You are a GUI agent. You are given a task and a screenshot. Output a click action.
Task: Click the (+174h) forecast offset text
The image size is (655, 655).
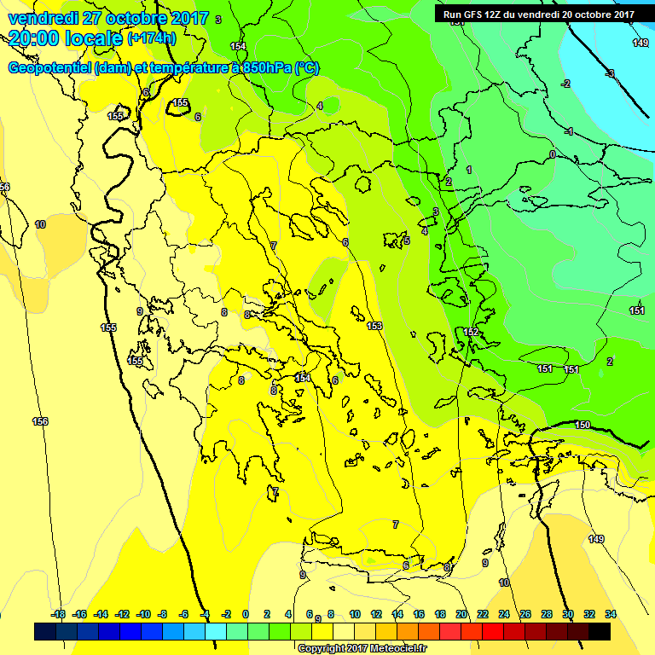click(x=152, y=38)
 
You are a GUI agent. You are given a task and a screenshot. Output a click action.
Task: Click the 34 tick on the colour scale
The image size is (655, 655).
click(x=610, y=614)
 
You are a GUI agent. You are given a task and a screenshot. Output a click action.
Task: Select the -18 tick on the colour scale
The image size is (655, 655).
click(x=58, y=614)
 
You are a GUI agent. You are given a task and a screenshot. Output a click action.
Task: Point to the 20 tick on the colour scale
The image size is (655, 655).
click(x=461, y=614)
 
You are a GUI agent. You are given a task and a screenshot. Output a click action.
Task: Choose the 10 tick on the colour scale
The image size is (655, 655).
click(x=354, y=614)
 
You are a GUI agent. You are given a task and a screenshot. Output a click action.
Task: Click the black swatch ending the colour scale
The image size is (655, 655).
click(x=600, y=631)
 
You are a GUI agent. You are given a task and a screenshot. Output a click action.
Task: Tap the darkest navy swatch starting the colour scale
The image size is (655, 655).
click(x=45, y=631)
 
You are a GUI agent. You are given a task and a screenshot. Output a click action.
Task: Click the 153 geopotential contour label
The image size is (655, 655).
click(x=374, y=326)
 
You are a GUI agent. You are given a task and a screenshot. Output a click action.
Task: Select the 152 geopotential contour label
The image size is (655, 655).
click(x=471, y=332)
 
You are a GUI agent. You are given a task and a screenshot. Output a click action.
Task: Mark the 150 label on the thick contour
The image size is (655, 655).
click(x=583, y=425)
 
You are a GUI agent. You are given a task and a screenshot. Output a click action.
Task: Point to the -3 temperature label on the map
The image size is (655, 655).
click(x=610, y=74)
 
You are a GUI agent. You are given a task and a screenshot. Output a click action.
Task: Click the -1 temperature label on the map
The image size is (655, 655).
click(x=569, y=131)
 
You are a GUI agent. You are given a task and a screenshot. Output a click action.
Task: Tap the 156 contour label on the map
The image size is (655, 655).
click(x=40, y=421)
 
